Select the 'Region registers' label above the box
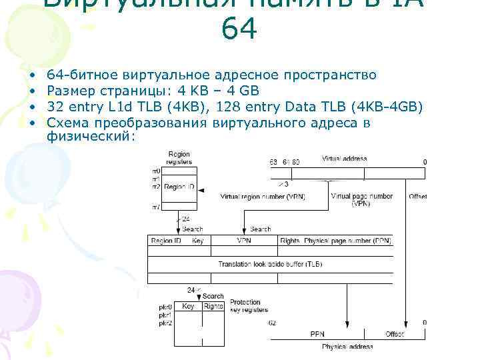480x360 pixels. [x=179, y=158]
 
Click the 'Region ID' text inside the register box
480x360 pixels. [x=179, y=188]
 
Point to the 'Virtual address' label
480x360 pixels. [x=345, y=159]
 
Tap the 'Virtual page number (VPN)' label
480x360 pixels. [x=361, y=199]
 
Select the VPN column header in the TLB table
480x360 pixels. [x=243, y=240]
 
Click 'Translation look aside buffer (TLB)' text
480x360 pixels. [x=270, y=265]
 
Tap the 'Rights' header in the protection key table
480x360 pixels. [x=213, y=306]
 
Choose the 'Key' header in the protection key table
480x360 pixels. [x=188, y=306]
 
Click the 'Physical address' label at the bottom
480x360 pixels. [x=347, y=347]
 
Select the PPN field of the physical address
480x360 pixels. [x=318, y=334]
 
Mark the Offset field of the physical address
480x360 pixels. [x=395, y=334]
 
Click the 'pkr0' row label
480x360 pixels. [x=165, y=307]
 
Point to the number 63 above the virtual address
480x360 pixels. [x=273, y=162]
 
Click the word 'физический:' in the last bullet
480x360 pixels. [x=91, y=136]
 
